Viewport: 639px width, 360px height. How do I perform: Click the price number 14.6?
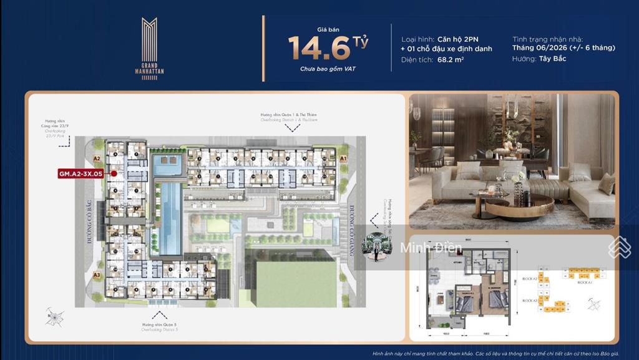click(x=319, y=47)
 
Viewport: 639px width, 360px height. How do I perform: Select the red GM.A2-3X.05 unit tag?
click(x=80, y=174)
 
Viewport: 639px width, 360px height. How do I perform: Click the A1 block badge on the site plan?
click(x=343, y=159)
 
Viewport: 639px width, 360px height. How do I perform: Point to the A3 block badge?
click(x=97, y=274)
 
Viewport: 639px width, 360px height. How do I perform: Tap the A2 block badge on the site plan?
click(x=97, y=159)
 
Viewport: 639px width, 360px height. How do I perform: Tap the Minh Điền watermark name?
click(x=431, y=248)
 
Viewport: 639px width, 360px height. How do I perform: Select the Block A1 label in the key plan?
click(x=585, y=283)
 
